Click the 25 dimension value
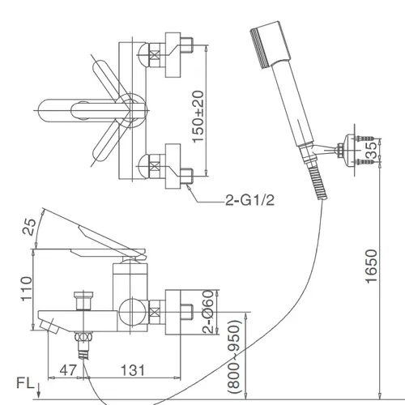pos(28,228)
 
